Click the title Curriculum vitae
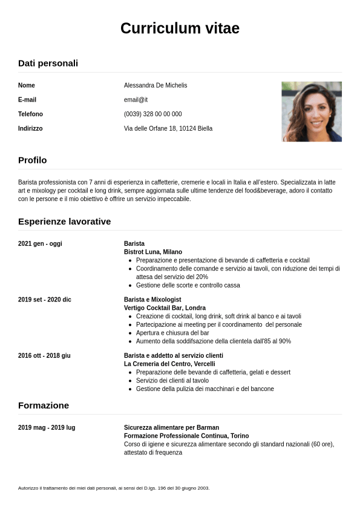(x=180, y=28)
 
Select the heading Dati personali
(x=48, y=63)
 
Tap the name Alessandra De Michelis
(x=155, y=85)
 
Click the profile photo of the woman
(x=312, y=111)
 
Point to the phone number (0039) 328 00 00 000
(x=152, y=114)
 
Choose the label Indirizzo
(x=30, y=128)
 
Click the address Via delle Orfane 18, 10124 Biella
(x=168, y=128)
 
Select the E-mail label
(x=27, y=100)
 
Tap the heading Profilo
(x=32, y=160)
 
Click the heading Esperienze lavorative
(x=64, y=221)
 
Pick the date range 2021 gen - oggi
(x=40, y=243)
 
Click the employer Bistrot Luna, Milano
(x=153, y=252)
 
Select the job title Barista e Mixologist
(x=152, y=300)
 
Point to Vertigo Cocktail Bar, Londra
(x=165, y=308)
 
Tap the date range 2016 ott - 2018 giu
(x=44, y=355)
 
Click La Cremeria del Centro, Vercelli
(x=169, y=364)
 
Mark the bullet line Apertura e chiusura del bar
(x=172, y=333)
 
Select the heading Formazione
(x=44, y=405)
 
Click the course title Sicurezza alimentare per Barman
(x=171, y=427)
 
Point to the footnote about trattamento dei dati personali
(x=114, y=488)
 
